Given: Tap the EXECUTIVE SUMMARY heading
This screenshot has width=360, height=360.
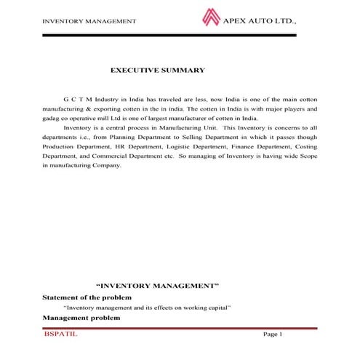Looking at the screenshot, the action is coord(157,71).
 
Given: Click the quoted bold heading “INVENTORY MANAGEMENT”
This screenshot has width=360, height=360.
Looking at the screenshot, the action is coord(158,287).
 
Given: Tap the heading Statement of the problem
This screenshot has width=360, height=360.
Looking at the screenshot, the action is coord(87,297).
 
